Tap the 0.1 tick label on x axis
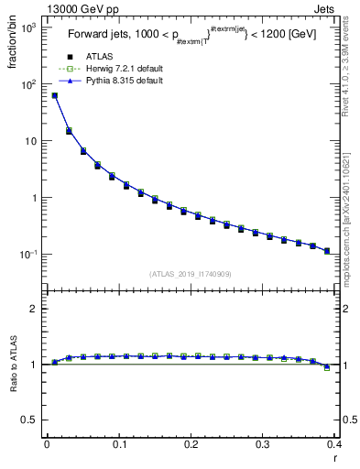click(118, 445)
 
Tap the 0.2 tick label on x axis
click(191, 445)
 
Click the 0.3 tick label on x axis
click(263, 445)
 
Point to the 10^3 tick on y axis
click(27, 28)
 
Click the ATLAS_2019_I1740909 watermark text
click(191, 273)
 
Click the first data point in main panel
click(54, 95)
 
